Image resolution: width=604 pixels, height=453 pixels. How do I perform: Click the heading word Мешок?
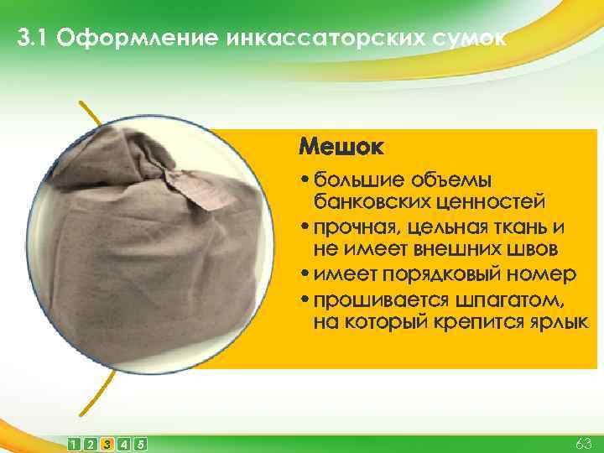341,149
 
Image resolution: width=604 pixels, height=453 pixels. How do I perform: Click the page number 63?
584,442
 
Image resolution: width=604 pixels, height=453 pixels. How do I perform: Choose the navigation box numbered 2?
90,443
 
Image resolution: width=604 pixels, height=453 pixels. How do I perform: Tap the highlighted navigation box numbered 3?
107,443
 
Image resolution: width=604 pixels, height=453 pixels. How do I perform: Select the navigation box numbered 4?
123,443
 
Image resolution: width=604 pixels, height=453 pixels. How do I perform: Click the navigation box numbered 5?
140,443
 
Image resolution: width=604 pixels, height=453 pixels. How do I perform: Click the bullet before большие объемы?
304,180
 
